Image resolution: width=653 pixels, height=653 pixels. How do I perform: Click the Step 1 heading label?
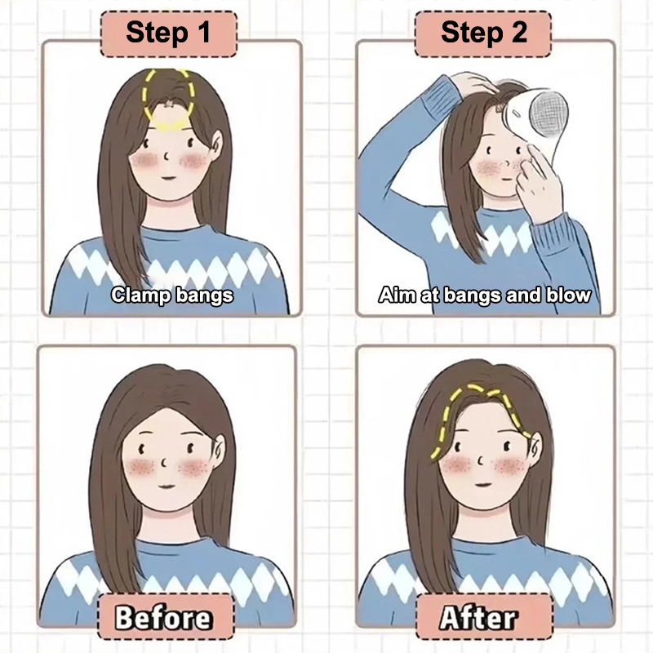pos(169,34)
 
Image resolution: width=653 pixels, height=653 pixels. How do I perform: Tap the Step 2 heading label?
pos(483,34)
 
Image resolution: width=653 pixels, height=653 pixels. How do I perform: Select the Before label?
pos(166,616)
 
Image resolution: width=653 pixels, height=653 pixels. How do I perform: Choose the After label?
pos(484,616)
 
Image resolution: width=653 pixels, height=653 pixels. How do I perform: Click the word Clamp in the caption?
pos(140,295)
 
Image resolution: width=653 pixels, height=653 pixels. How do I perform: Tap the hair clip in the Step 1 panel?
pos(169,104)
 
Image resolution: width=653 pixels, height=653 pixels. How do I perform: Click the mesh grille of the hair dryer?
pos(548,113)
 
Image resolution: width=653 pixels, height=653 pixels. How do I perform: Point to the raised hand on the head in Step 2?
pos(475,83)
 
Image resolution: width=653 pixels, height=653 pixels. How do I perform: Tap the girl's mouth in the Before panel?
pos(167,486)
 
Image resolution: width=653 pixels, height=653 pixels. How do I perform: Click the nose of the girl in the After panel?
pos(481,461)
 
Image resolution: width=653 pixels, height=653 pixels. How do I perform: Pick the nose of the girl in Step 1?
pos(166,157)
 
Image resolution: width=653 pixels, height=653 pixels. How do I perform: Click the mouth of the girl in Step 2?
pos(506,180)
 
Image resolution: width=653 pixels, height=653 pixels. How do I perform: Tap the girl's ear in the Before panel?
pos(218,451)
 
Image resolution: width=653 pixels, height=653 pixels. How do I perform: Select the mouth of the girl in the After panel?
pos(483,485)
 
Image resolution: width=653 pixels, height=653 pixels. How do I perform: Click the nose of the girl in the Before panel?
pos(165,462)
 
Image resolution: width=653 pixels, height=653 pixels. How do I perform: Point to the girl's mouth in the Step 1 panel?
pos(168,178)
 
